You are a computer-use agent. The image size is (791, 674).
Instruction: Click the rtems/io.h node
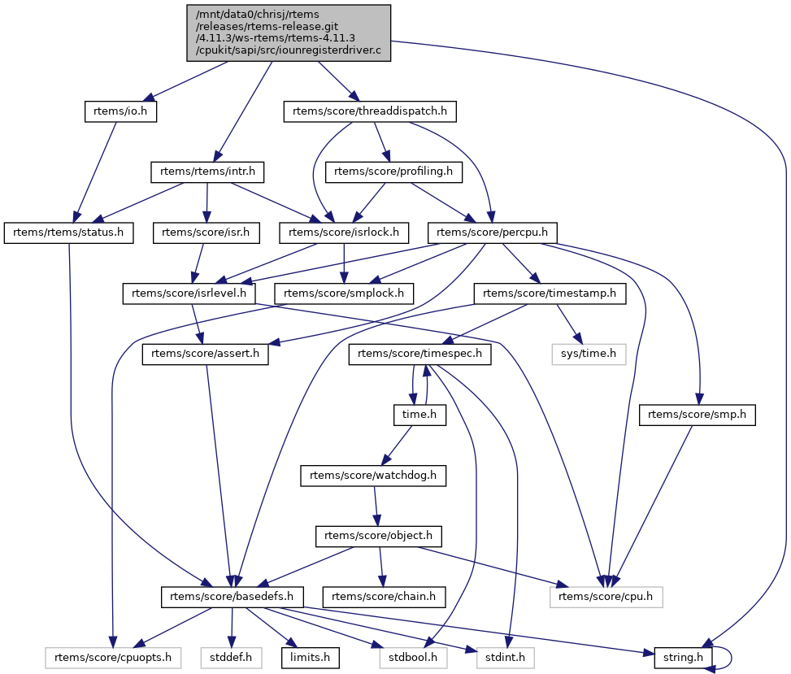pyautogui.click(x=120, y=111)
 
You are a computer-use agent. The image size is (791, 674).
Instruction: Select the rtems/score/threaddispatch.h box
pyautogui.click(x=370, y=111)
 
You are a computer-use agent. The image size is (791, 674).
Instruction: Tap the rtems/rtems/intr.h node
pyautogui.click(x=207, y=172)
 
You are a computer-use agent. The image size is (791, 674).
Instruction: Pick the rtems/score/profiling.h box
pyautogui.click(x=393, y=172)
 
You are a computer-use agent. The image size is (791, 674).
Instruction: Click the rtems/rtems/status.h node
pyautogui.click(x=69, y=233)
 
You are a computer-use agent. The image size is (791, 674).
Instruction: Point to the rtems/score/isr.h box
pyautogui.click(x=207, y=233)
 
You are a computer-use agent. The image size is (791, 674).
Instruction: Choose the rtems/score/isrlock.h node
pyautogui.click(x=344, y=233)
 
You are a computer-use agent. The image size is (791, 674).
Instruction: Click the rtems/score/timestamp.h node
pyautogui.click(x=550, y=293)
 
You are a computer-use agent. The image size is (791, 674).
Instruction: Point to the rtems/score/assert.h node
pyautogui.click(x=205, y=354)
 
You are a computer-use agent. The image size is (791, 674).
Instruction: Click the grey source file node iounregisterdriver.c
pyautogui.click(x=289, y=33)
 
